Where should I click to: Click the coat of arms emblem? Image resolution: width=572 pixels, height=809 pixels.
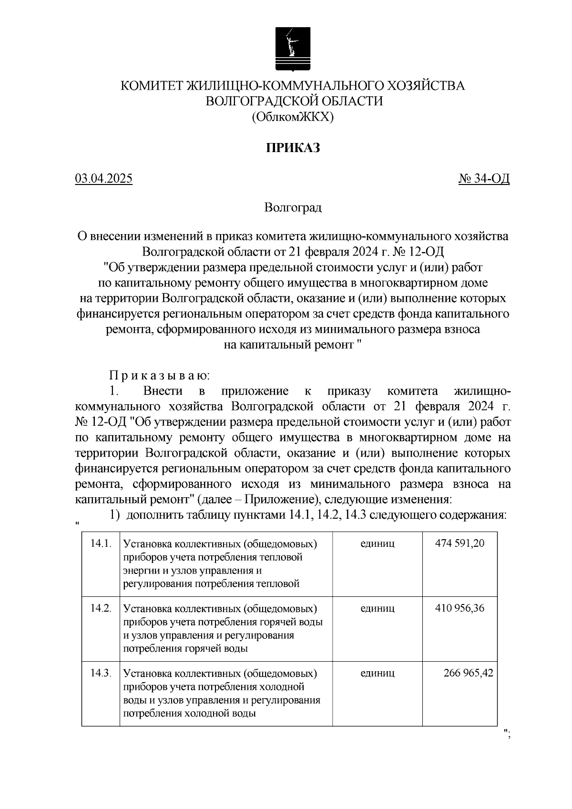coord(293,49)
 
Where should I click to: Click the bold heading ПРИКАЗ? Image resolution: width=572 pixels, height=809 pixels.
coord(293,148)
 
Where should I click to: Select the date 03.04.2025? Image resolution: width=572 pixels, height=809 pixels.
coord(103,179)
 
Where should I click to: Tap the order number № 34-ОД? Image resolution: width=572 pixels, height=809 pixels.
coord(484,179)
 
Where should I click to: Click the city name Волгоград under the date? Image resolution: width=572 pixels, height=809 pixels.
coord(293,207)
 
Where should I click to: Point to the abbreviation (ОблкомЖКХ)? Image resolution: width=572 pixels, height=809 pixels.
coord(293,116)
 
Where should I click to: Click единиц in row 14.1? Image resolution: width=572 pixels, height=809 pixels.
coord(378,543)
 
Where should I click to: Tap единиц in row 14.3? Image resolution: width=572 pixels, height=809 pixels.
coord(378,673)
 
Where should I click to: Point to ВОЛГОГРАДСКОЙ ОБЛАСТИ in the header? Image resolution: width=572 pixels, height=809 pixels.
coord(293,101)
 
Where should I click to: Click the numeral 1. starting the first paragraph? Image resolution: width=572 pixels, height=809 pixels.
coord(113,391)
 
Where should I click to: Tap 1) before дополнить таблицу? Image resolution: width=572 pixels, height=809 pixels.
coord(115,515)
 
